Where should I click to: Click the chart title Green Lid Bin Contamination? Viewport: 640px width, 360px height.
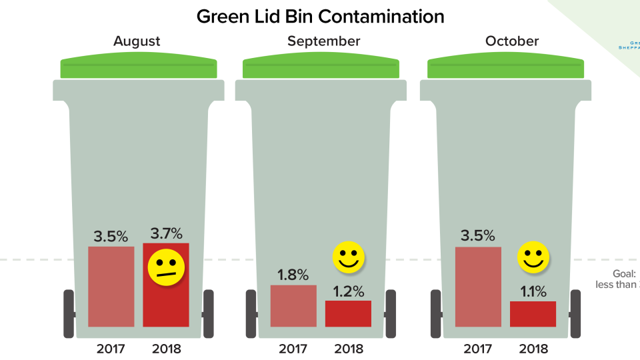click(x=320, y=16)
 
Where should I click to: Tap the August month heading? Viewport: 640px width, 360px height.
click(x=137, y=41)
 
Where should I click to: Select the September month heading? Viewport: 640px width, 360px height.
click(x=323, y=41)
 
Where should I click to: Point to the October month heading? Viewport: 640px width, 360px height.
click(x=511, y=41)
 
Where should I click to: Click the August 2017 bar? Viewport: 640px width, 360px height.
click(x=111, y=287)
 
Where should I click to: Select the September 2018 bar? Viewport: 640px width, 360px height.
click(x=348, y=313)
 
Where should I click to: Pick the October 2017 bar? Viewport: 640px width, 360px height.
click(x=478, y=287)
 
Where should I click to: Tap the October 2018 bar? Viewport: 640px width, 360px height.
click(x=533, y=314)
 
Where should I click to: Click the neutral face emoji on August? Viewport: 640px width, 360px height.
click(x=166, y=268)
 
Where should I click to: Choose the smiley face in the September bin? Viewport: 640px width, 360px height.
click(x=349, y=258)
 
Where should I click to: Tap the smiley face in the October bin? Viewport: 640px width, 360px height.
click(x=533, y=257)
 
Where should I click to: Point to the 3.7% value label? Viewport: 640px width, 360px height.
click(x=166, y=234)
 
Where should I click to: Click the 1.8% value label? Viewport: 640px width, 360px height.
click(x=293, y=275)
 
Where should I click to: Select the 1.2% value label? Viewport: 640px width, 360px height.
click(x=349, y=291)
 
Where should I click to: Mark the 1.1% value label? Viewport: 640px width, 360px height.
click(x=533, y=291)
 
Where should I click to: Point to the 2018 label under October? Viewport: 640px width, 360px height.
click(x=533, y=348)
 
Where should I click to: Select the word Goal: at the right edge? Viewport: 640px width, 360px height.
click(x=625, y=273)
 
